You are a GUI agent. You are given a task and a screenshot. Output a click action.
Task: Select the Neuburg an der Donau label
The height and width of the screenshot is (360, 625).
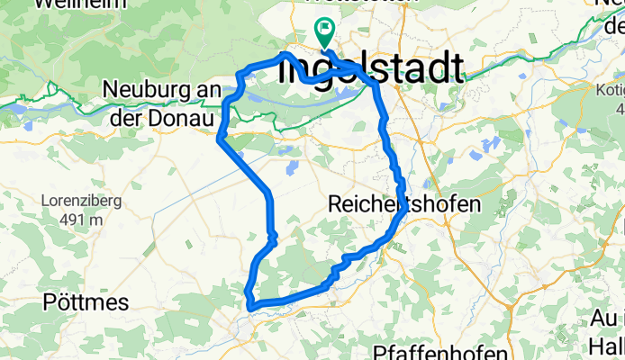pos(163,103)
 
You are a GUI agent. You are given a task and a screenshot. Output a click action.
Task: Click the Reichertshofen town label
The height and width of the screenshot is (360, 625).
pos(405,203)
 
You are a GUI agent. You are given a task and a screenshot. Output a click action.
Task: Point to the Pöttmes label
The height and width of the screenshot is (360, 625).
pos(86,301)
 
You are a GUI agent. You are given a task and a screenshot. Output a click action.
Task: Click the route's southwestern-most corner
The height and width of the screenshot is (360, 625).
pos(249,307)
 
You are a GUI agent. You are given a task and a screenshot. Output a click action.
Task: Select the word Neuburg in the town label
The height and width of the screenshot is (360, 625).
pos(138,90)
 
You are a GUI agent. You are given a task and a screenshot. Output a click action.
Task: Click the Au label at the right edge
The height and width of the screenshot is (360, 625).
pos(605,319)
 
